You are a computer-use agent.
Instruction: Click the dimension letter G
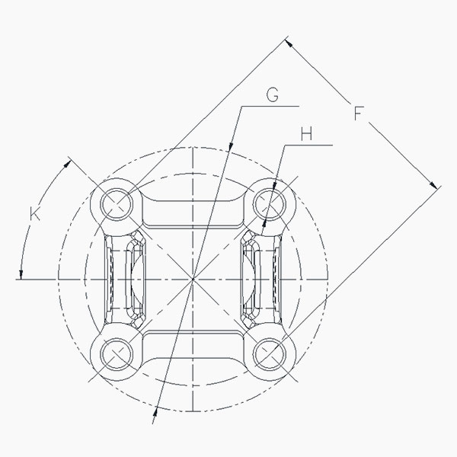click(273, 94)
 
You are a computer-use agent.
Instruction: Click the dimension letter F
click(359, 113)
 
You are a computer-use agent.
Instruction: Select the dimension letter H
click(306, 134)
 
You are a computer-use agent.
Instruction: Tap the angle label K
click(35, 213)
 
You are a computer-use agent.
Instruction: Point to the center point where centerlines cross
click(193, 280)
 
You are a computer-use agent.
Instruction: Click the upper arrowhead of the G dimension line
click(231, 146)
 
